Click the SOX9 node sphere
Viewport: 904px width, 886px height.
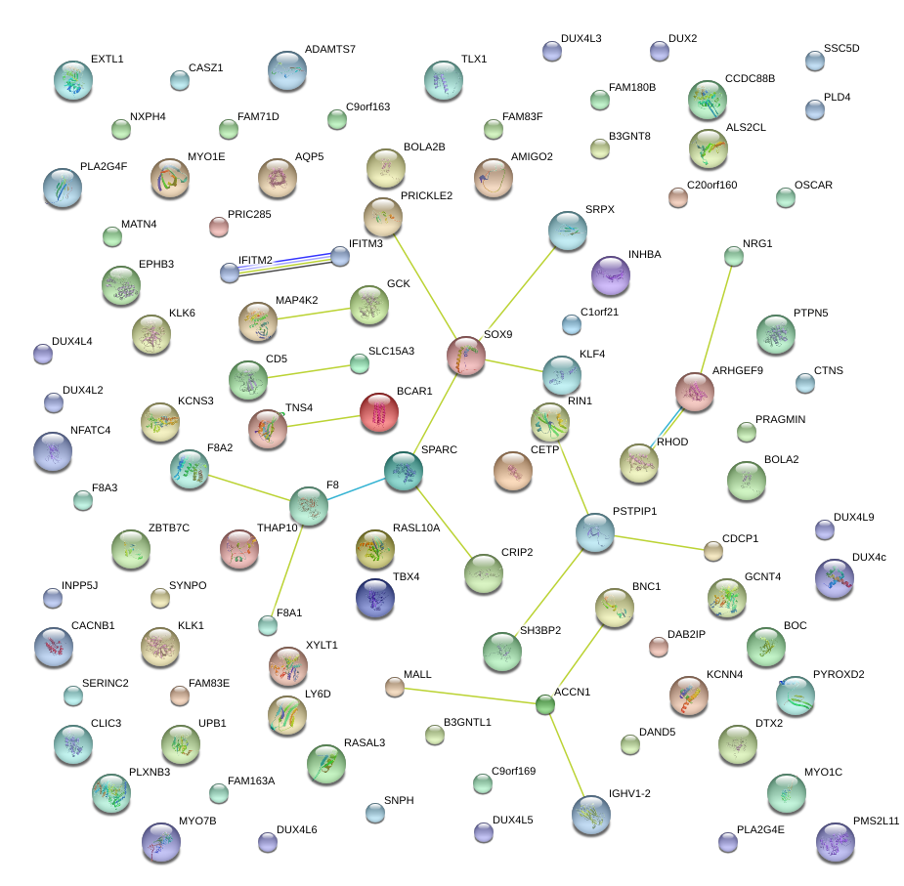pos(466,356)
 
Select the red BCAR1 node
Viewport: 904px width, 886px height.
pos(379,413)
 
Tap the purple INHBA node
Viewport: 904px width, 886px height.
pos(611,276)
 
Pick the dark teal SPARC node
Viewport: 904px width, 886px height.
pos(403,471)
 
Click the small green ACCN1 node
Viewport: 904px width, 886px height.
pos(545,704)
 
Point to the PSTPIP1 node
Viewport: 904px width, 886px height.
pos(594,532)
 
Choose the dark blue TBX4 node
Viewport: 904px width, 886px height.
pos(375,598)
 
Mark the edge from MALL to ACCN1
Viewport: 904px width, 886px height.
pos(469,696)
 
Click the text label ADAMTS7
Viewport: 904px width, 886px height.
pos(330,49)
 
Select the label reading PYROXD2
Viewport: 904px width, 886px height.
pos(839,674)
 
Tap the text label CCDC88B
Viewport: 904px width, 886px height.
pos(750,78)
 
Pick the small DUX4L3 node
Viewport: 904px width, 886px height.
pos(551,51)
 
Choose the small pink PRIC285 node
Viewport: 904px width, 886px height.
pos(219,228)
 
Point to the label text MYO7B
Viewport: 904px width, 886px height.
pos(197,821)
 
